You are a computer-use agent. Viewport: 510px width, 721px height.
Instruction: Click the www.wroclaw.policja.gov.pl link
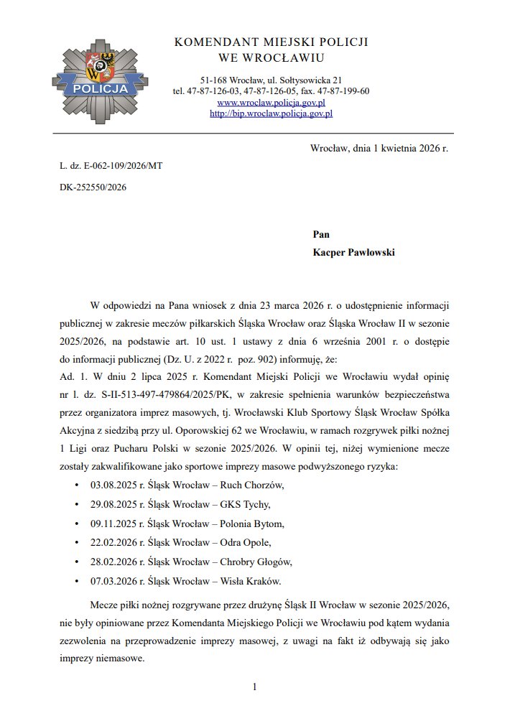[x=271, y=103]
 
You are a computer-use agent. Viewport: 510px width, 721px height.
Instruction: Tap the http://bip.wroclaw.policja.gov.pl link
[x=271, y=113]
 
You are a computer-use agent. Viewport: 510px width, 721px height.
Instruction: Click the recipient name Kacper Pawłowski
[x=354, y=253]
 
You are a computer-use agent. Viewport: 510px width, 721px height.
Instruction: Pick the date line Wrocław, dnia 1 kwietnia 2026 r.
[x=379, y=148]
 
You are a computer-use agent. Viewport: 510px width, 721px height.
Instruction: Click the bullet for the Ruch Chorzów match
[x=77, y=486]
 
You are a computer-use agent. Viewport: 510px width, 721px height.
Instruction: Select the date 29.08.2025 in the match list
[x=112, y=505]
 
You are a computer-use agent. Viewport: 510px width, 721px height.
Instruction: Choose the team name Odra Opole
[x=245, y=542]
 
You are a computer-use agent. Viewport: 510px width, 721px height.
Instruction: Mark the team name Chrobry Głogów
[x=255, y=562]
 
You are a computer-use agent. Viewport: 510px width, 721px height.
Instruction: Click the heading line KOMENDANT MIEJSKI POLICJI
[x=271, y=43]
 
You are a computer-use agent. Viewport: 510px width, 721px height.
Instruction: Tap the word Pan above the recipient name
[x=321, y=234]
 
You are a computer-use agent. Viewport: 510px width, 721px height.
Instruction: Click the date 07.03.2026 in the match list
[x=112, y=580]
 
